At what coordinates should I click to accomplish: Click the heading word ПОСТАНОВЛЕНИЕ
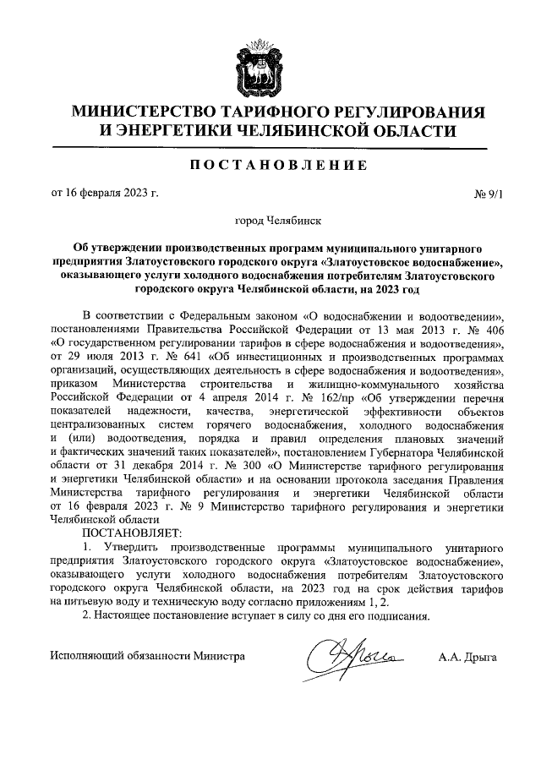click(270, 165)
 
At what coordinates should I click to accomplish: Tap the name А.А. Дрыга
click(467, 656)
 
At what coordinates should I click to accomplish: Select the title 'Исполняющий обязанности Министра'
click(147, 656)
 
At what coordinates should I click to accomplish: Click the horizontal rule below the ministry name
click(270, 149)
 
